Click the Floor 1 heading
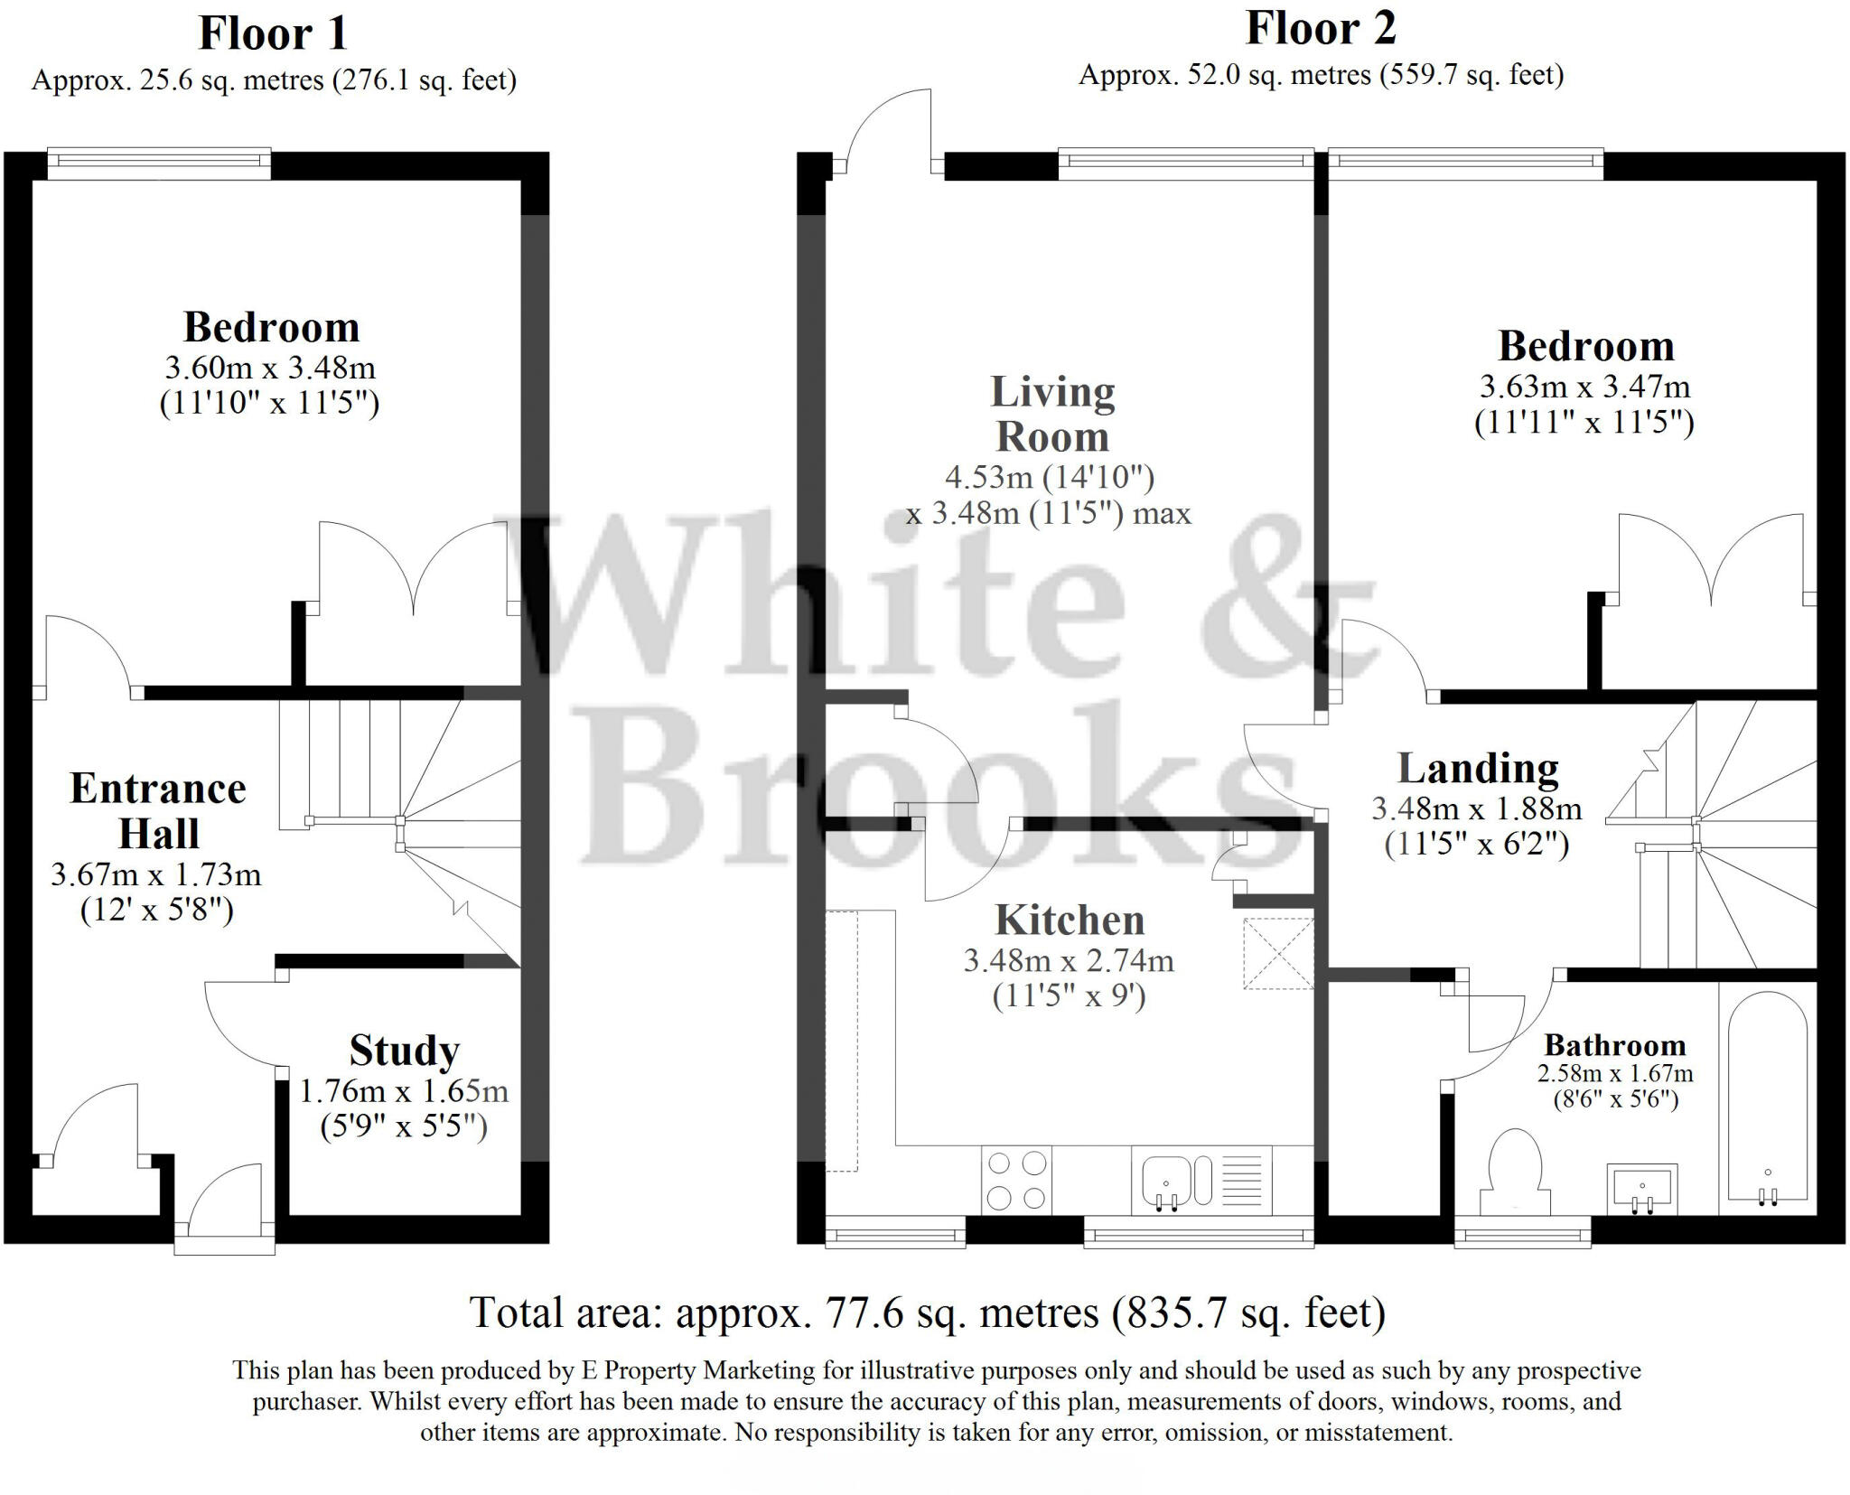click(273, 34)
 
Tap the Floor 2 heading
click(1321, 28)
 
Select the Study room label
click(405, 1051)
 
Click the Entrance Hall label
click(158, 810)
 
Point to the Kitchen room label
click(1070, 920)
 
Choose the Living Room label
click(1052, 414)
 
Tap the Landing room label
click(1478, 769)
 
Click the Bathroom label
click(1615, 1045)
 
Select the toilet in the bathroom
click(1514, 1172)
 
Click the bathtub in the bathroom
click(1768, 1098)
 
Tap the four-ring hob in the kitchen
click(1016, 1181)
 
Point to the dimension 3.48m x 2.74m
click(1069, 960)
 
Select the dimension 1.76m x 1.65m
click(404, 1091)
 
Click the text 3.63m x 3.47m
click(1584, 387)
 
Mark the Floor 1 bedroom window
click(159, 164)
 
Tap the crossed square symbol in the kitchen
click(1278, 954)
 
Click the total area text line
click(927, 1313)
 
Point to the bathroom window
click(1523, 1231)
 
